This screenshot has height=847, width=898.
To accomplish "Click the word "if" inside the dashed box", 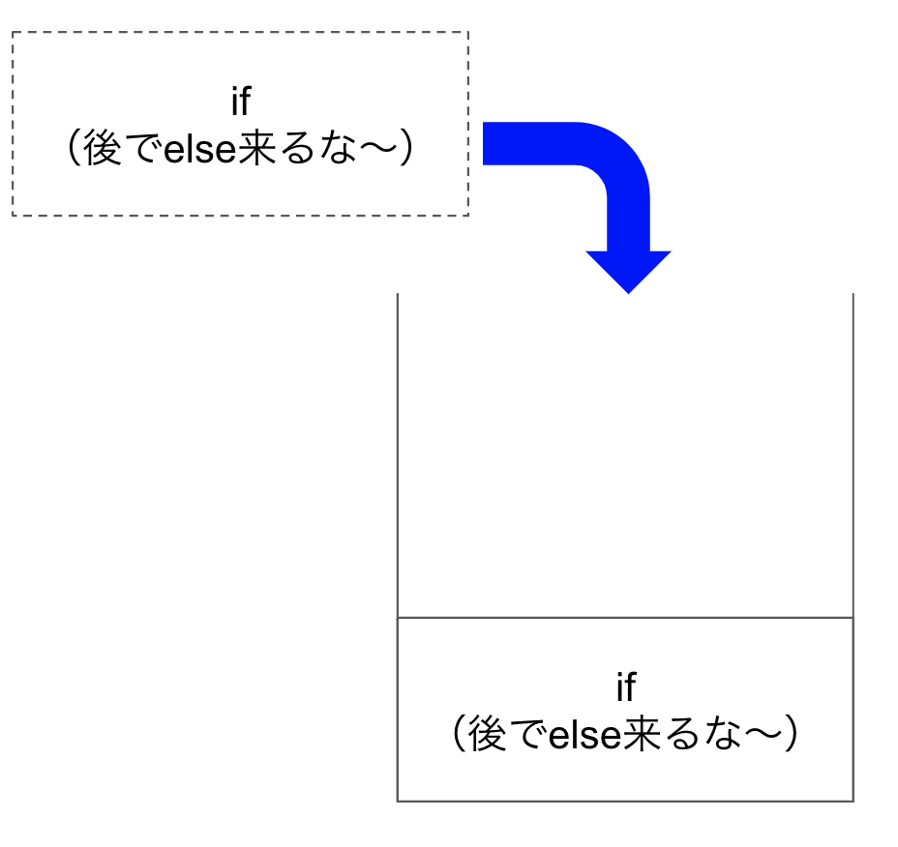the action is pyautogui.click(x=241, y=101).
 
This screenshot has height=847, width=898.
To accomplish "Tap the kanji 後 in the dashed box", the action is pyautogui.click(x=103, y=148).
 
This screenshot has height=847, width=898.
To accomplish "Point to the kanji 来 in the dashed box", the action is pyautogui.click(x=257, y=148).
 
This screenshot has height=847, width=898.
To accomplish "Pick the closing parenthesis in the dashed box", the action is pyautogui.click(x=406, y=148).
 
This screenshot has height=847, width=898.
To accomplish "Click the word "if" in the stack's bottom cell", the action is pyautogui.click(x=626, y=686).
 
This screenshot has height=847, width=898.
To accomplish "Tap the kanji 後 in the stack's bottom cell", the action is pyautogui.click(x=488, y=733).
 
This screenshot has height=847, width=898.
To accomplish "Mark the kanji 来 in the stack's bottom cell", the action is pyautogui.click(x=642, y=733).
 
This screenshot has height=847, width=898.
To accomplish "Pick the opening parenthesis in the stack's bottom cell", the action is pyautogui.click(x=460, y=733).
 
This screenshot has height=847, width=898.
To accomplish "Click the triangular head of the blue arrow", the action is pyautogui.click(x=628, y=272).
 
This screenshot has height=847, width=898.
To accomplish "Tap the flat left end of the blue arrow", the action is pyautogui.click(x=484, y=144).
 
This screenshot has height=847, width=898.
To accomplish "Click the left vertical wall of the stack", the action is pyautogui.click(x=398, y=547).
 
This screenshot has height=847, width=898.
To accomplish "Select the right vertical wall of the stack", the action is pyautogui.click(x=853, y=547).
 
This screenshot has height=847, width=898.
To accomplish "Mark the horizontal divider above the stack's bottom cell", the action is pyautogui.click(x=625, y=618).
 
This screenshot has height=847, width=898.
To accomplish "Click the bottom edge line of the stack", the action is pyautogui.click(x=625, y=801).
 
